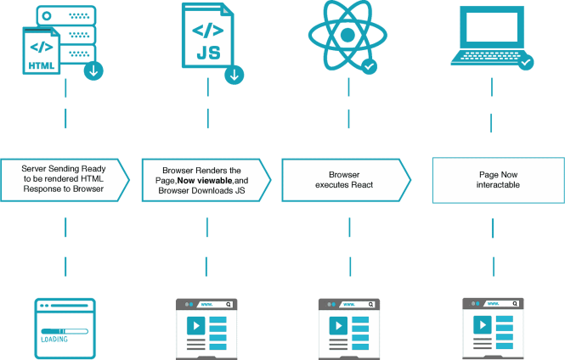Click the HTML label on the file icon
42,65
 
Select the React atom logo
343,36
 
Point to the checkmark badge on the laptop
526,62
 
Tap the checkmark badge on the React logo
368,65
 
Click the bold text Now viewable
204,181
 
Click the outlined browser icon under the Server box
65,327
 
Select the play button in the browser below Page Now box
481,325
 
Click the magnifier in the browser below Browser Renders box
228,303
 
